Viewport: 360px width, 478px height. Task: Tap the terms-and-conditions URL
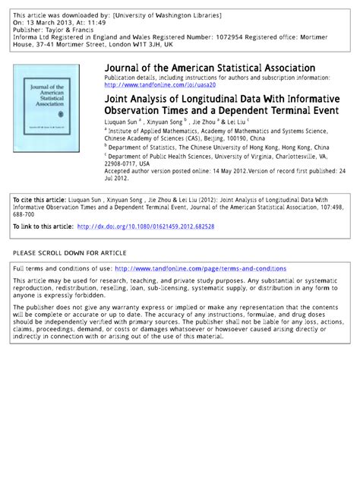201,268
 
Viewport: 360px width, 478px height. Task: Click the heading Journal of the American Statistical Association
209,68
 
